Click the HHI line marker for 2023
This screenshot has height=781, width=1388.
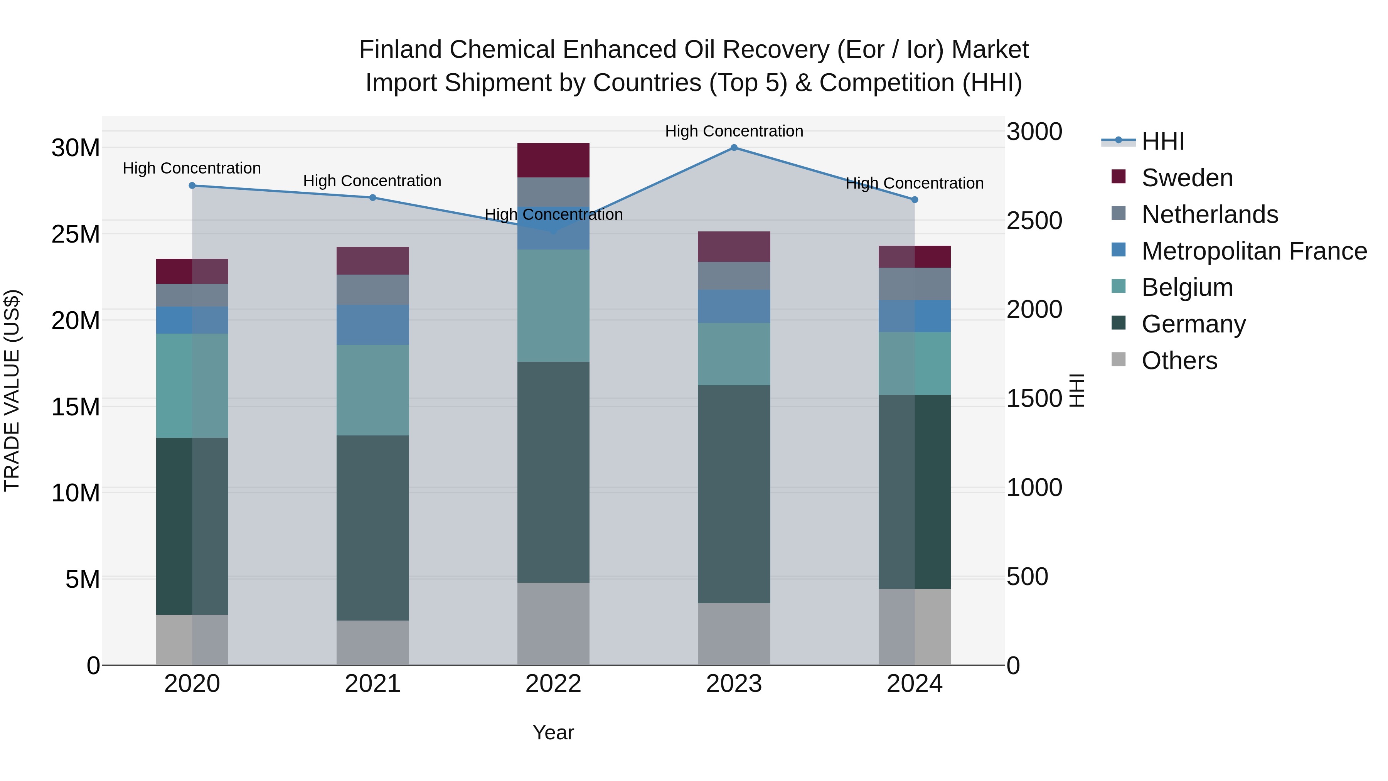tap(734, 147)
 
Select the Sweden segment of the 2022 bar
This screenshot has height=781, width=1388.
tap(553, 160)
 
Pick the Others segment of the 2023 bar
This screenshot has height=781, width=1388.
tap(734, 633)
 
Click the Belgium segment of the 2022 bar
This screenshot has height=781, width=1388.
tap(553, 305)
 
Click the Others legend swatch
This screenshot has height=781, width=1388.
tap(1118, 359)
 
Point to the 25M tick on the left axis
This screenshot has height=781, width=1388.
tap(76, 234)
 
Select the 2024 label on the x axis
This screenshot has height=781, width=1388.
tap(915, 684)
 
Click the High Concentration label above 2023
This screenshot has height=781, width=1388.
tap(734, 131)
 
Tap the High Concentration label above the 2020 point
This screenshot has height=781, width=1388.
tap(192, 168)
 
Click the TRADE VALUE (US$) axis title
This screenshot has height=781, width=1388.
tap(12, 390)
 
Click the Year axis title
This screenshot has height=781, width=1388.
tap(553, 732)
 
